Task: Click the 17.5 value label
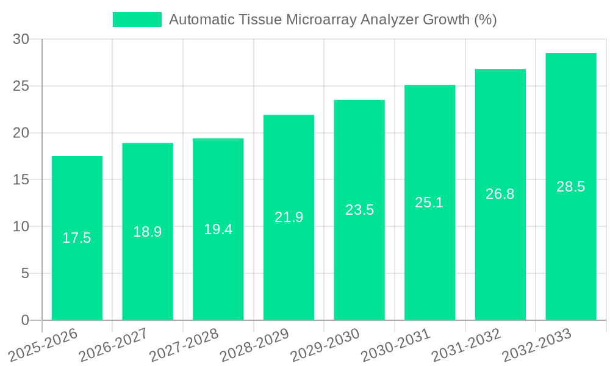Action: [77, 238]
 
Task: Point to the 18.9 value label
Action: [148, 232]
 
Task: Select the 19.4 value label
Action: [218, 229]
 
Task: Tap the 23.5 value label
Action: [359, 210]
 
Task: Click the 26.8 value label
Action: [500, 194]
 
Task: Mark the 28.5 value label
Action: [570, 187]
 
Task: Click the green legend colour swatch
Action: [137, 20]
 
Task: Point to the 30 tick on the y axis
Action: [21, 39]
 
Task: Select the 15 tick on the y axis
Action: [21, 179]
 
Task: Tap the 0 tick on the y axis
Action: [25, 320]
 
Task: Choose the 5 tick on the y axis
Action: [25, 273]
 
